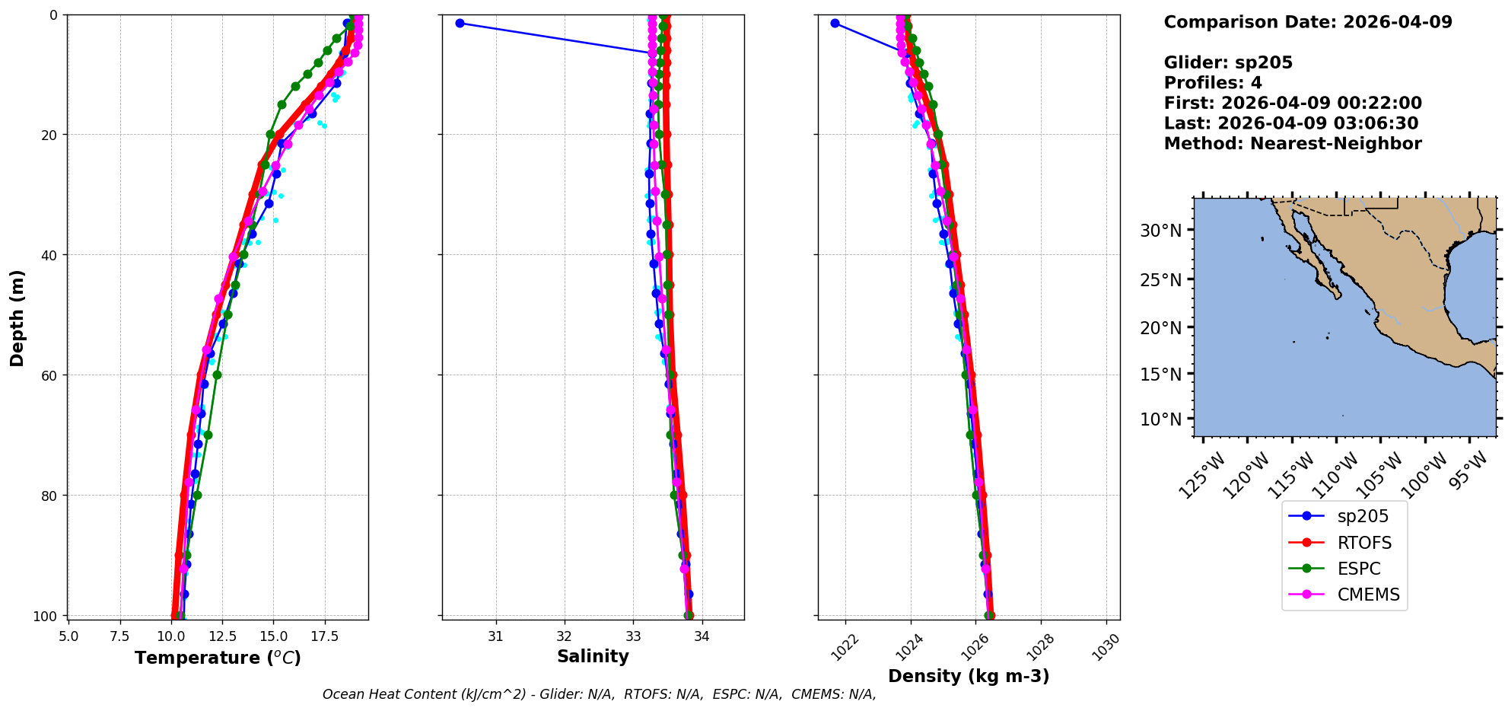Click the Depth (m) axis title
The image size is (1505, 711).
click(17, 317)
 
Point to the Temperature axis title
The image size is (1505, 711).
click(218, 658)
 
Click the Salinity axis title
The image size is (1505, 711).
click(593, 657)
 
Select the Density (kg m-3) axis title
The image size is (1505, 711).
click(969, 676)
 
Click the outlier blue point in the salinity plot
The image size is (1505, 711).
click(460, 23)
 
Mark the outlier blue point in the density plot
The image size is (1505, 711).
click(835, 23)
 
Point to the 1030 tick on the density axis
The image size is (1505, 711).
click(1107, 646)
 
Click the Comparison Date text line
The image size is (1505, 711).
click(1308, 22)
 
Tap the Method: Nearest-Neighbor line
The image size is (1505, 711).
click(1293, 144)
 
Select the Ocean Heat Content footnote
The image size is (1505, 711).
click(599, 694)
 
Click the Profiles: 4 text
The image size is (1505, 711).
click(1213, 83)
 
